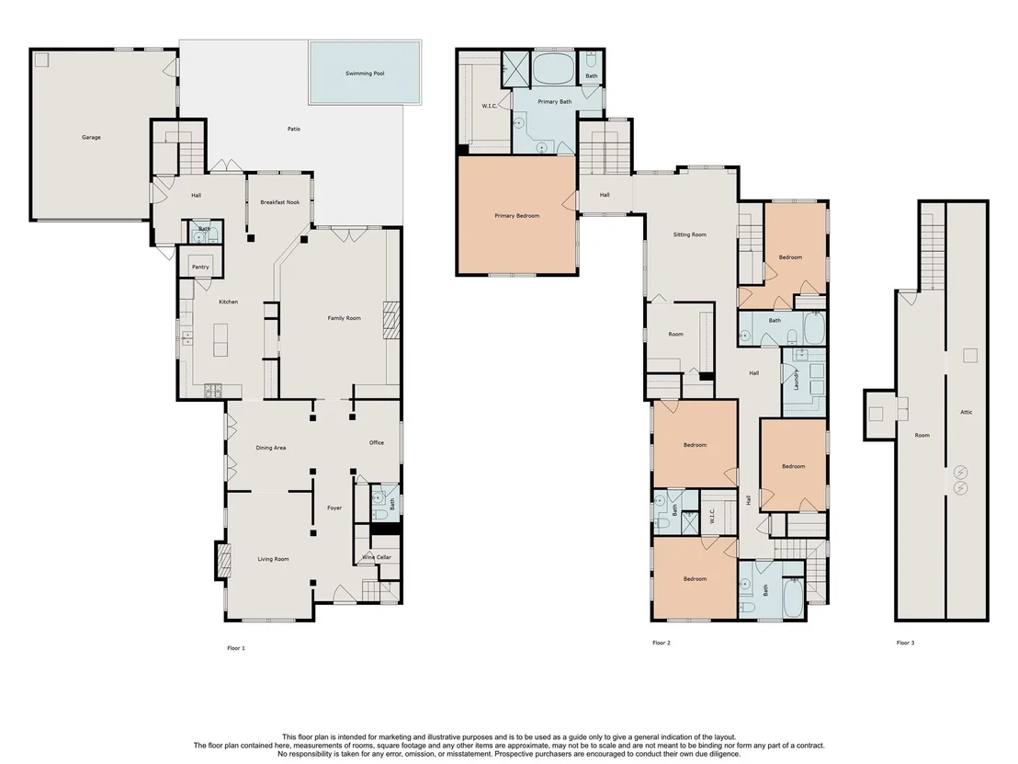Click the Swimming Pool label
point(365,74)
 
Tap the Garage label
point(91,137)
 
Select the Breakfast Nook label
point(280,202)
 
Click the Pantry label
point(200,267)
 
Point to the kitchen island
point(221,340)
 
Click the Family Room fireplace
point(391,321)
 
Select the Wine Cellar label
point(377,557)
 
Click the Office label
point(377,442)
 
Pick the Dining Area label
point(271,448)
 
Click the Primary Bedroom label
point(516,216)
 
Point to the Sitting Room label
point(689,234)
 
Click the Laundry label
point(796,380)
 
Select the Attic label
point(966,412)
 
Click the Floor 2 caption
point(661,643)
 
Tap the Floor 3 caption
point(905,643)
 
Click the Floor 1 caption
point(236,648)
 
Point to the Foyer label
point(334,508)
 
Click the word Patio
point(294,129)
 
